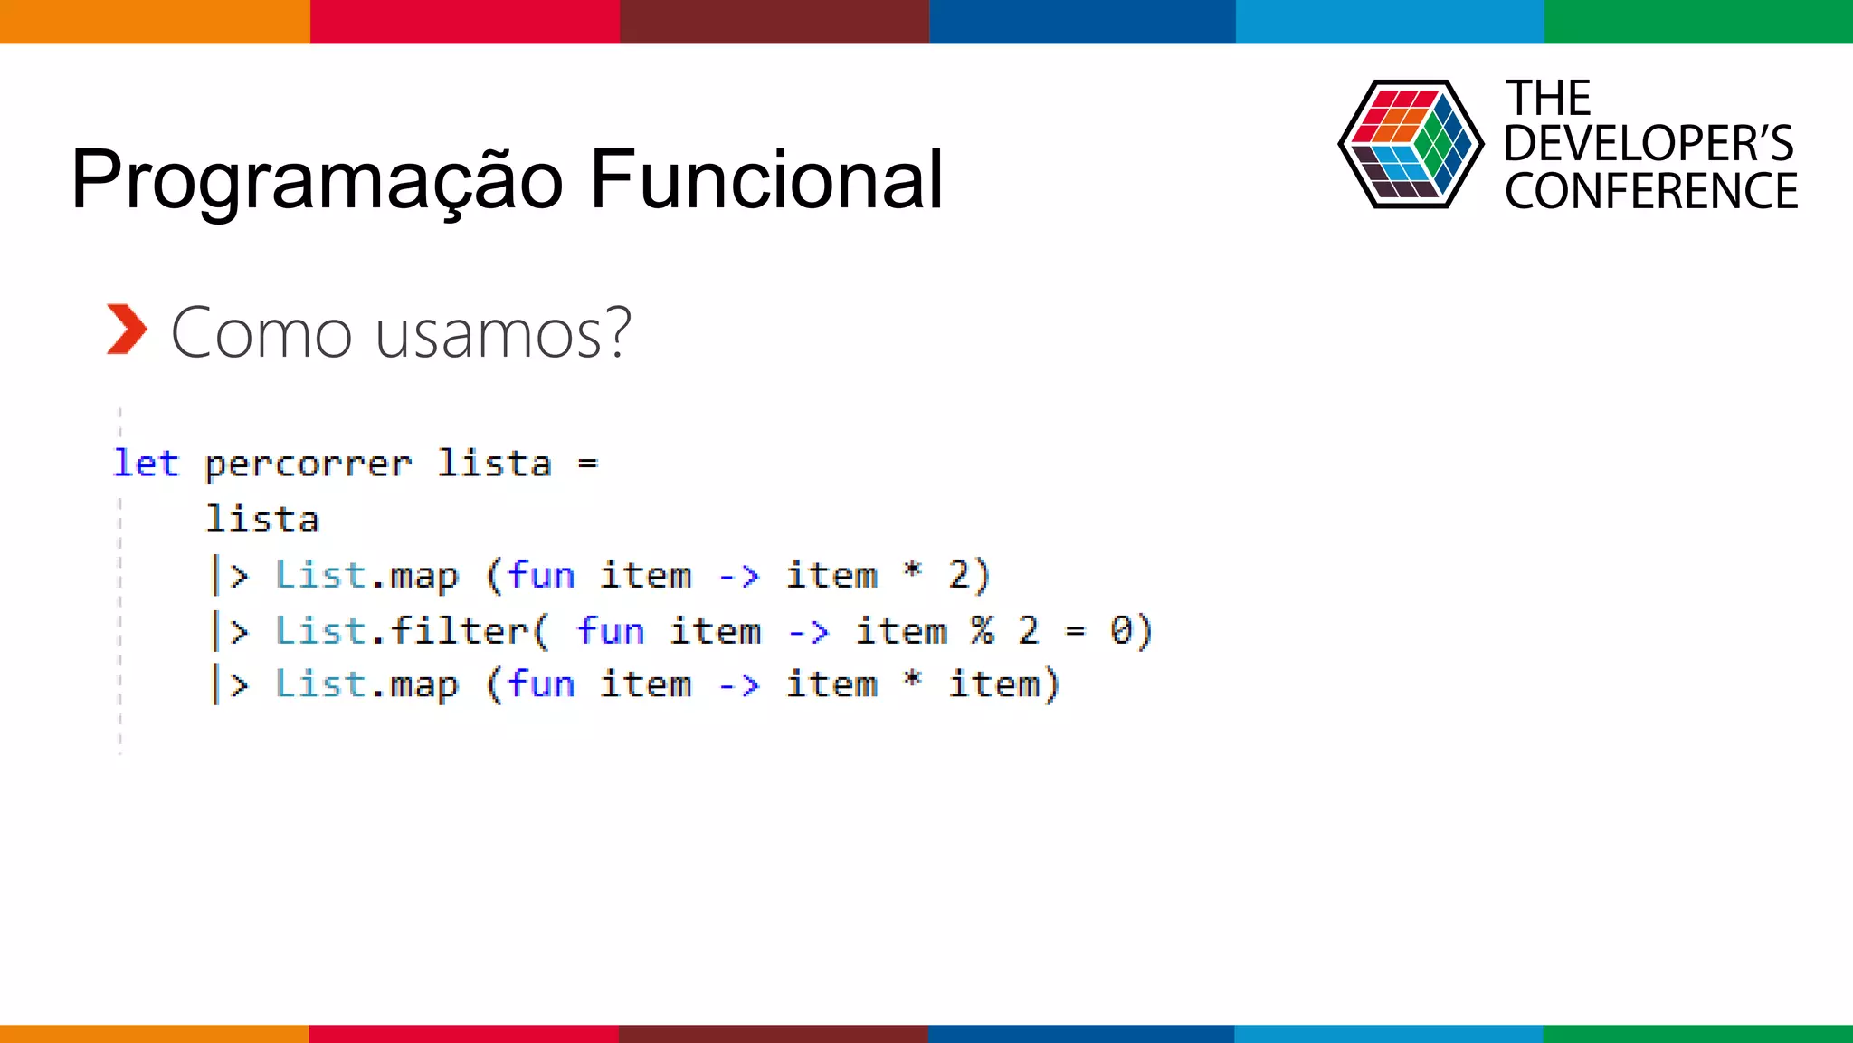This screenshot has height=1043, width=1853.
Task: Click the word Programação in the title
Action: click(317, 181)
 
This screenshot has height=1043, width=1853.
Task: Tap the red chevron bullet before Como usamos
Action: click(126, 330)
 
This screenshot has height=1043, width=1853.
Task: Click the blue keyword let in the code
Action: click(146, 464)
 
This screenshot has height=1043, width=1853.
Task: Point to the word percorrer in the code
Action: click(309, 465)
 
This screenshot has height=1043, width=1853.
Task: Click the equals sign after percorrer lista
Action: click(588, 464)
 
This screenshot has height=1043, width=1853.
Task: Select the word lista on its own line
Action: click(262, 520)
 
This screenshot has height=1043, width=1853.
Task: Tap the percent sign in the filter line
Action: click(983, 630)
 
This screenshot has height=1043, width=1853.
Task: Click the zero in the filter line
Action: click(1121, 630)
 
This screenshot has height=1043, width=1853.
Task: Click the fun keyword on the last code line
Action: click(540, 684)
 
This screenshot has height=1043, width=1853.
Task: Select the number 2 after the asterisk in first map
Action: click(959, 576)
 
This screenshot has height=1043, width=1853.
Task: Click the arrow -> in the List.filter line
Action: click(808, 631)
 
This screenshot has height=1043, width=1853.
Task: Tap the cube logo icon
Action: click(1410, 144)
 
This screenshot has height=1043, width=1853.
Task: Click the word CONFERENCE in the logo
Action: click(1650, 192)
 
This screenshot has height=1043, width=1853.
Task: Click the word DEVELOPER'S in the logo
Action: click(1648, 144)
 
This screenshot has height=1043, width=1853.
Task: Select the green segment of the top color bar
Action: click(1698, 21)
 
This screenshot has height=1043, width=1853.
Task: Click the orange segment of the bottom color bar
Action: click(154, 1033)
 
